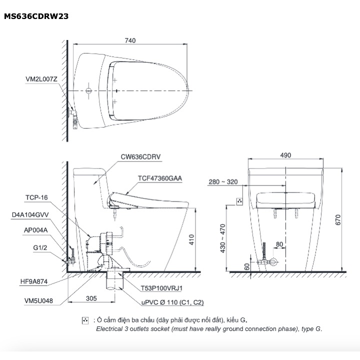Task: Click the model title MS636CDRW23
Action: point(36,16)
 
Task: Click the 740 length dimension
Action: point(130,40)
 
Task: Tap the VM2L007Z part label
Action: point(41,79)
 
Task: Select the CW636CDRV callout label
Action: point(140,157)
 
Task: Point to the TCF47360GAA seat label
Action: point(160,178)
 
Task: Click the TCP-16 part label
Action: point(36,197)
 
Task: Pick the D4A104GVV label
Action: point(30,214)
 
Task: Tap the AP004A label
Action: point(35,230)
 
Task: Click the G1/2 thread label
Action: point(40,247)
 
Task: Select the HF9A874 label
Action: point(34,281)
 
